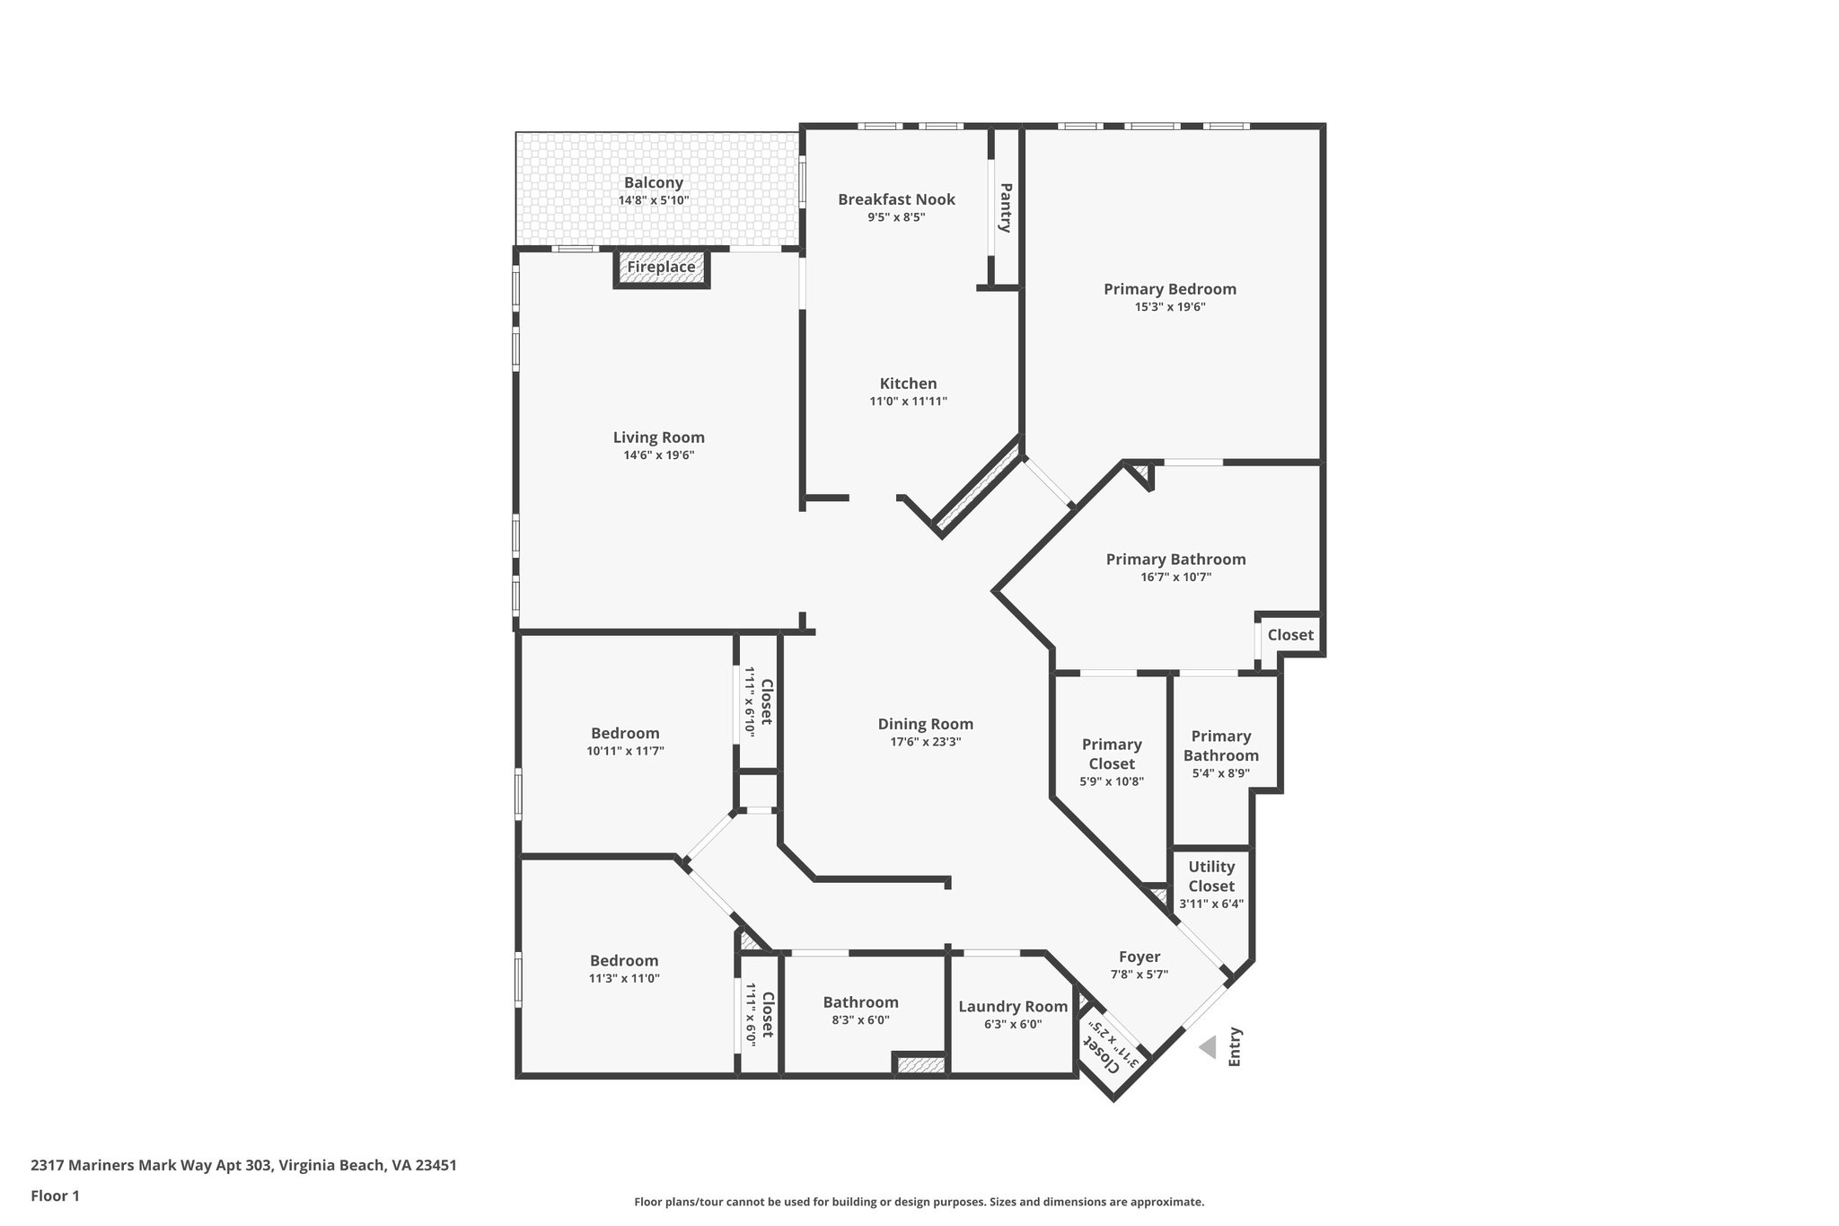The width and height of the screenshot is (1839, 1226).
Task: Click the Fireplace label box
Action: click(661, 268)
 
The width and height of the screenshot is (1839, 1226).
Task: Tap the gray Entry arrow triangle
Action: click(1209, 1047)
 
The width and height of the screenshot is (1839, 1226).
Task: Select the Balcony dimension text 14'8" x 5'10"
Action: click(654, 200)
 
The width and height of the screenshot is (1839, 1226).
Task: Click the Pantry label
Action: click(1006, 207)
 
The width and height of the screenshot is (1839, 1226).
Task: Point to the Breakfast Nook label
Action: click(896, 199)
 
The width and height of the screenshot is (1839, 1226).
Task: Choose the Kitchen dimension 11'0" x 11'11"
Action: click(908, 401)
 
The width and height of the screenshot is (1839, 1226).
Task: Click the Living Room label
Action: click(658, 437)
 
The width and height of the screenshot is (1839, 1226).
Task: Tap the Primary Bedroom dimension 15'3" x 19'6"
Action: click(1169, 306)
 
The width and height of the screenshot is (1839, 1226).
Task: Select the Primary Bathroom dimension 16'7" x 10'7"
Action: click(1175, 577)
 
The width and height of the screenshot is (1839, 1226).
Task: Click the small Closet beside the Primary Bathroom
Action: click(1290, 635)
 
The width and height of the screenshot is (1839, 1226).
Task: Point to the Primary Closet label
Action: click(1112, 754)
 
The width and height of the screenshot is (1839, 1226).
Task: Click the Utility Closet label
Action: click(1211, 876)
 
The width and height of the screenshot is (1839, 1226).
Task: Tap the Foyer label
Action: click(1139, 957)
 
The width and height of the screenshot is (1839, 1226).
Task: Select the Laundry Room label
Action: click(1013, 1007)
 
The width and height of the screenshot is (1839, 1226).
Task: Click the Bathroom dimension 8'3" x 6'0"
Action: click(860, 1020)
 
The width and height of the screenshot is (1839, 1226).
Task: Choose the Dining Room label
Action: click(925, 724)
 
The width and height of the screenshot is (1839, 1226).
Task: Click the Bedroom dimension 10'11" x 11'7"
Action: click(625, 751)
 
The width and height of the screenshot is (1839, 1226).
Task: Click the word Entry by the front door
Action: click(1235, 1046)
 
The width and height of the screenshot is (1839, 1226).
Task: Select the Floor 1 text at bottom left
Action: click(55, 1195)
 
